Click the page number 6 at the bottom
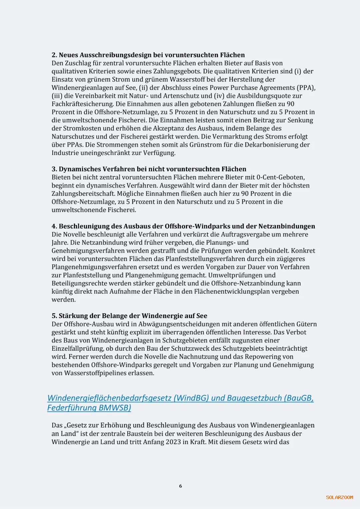[x=180, y=486]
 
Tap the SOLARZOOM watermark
[x=339, y=497]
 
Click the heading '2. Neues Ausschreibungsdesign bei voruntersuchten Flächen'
[x=148, y=55]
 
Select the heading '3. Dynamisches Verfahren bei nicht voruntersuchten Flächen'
[x=149, y=169]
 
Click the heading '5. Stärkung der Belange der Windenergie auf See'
[x=129, y=316]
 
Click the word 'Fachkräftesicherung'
[x=82, y=104]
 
